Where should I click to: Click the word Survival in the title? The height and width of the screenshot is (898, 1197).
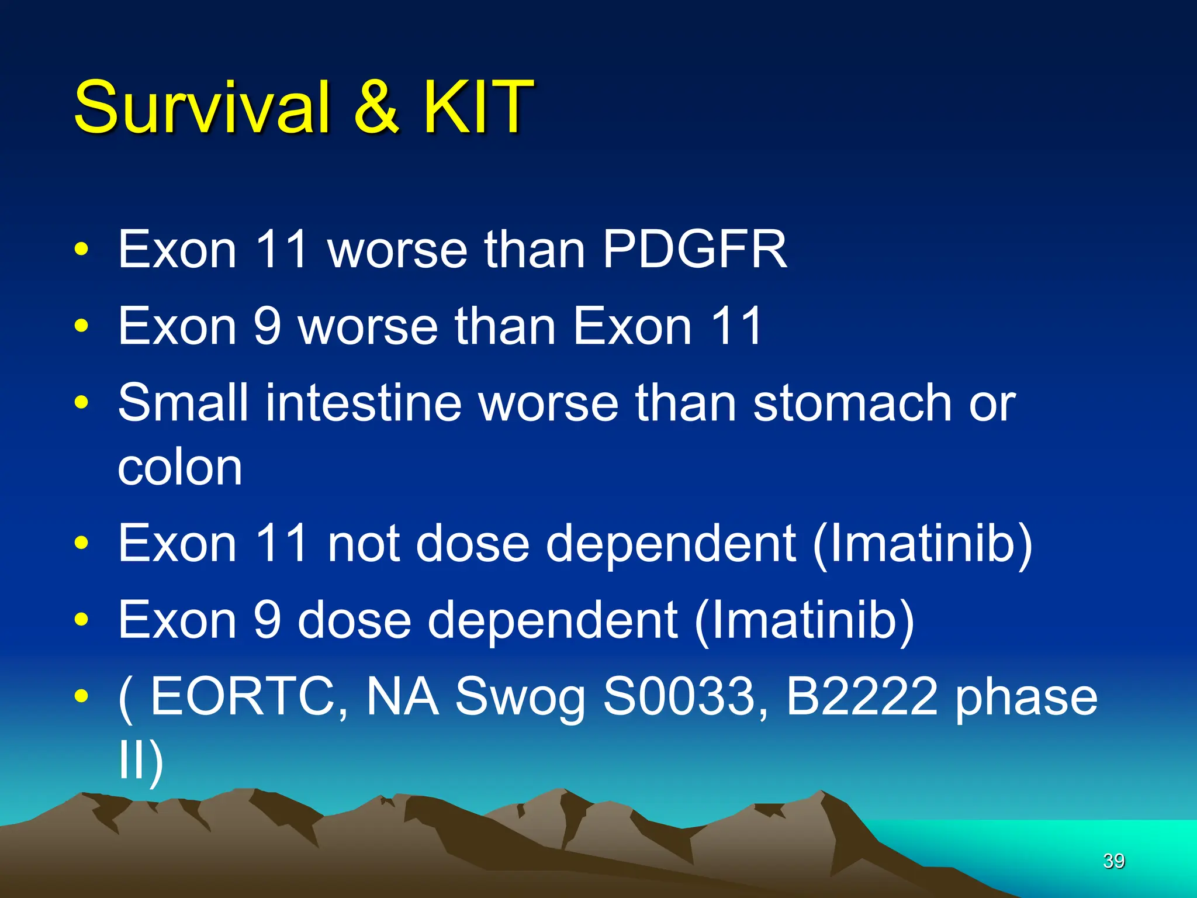point(202,107)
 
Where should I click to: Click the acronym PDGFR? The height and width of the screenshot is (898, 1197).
point(694,250)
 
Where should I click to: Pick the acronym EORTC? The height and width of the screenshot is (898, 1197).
point(243,697)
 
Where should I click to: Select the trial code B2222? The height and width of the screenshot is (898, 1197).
point(862,697)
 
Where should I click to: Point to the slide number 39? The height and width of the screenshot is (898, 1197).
point(1113,861)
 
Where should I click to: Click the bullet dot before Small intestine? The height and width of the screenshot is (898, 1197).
point(81,403)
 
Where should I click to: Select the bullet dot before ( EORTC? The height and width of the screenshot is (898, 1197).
point(81,696)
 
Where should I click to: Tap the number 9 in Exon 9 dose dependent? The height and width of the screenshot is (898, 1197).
point(268,620)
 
